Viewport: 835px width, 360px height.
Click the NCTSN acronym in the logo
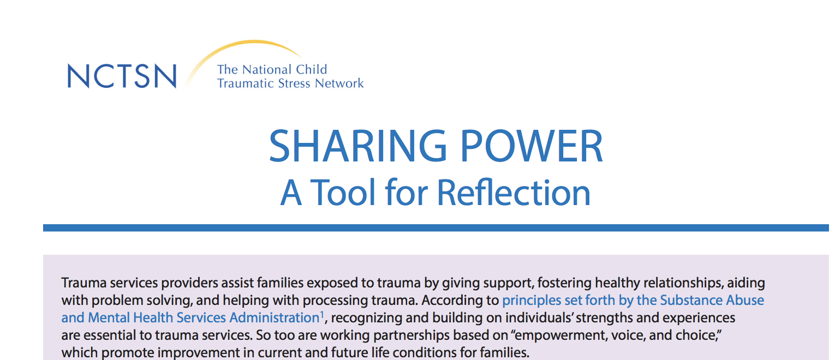tap(122, 76)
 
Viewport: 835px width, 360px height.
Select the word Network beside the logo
tap(339, 83)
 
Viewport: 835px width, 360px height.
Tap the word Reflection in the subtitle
tap(514, 193)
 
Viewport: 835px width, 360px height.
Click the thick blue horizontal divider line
tap(436, 227)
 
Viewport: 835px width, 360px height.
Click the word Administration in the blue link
tap(275, 318)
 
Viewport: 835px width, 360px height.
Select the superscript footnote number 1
tap(322, 314)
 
